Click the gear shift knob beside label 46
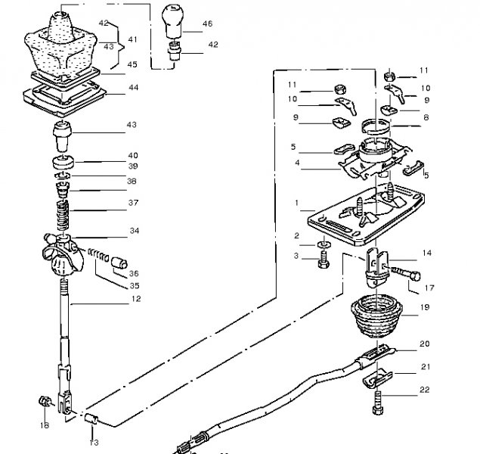[172, 21]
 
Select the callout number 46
[208, 23]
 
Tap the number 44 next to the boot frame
[134, 88]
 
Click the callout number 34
[135, 231]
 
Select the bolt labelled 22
[378, 403]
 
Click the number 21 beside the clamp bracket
[426, 367]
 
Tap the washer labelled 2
[324, 244]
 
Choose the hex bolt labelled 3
[324, 260]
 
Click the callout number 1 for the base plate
[296, 203]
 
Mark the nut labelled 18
[45, 401]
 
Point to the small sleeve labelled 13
[91, 418]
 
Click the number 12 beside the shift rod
[136, 299]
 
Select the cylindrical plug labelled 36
[119, 263]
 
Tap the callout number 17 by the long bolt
[429, 288]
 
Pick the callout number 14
[427, 253]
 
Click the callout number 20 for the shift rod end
[425, 344]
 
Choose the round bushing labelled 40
[63, 163]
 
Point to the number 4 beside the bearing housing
[297, 163]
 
